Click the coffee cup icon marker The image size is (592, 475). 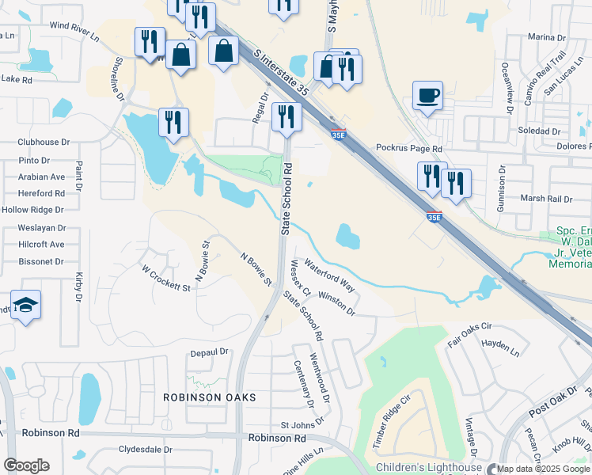[x=427, y=97]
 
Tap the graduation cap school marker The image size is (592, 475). [x=25, y=306]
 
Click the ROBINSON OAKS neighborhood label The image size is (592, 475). [x=210, y=397]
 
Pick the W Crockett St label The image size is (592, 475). [x=166, y=279]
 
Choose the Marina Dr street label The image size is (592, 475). [x=546, y=37]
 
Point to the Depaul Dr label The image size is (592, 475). [x=208, y=351]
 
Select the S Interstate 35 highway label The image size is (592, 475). [x=281, y=72]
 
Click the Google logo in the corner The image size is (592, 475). [x=26, y=465]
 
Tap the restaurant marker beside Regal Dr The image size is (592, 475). [x=286, y=118]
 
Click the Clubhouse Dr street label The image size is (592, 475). [x=44, y=142]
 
